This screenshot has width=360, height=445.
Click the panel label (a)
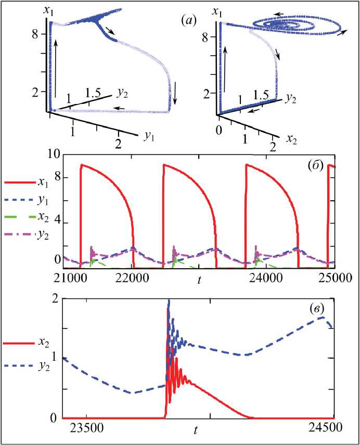[x=188, y=21]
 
